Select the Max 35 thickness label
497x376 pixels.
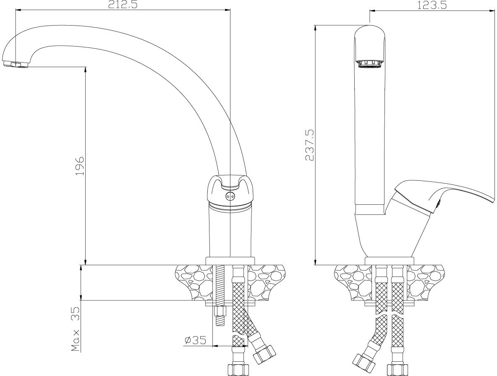[76, 329]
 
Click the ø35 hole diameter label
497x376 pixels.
[196, 340]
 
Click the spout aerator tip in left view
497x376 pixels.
[17, 64]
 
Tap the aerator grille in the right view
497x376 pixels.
[370, 64]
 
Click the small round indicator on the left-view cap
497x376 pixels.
[229, 196]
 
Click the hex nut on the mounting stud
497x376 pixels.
[220, 311]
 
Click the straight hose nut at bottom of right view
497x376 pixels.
[398, 370]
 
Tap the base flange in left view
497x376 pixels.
[230, 261]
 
